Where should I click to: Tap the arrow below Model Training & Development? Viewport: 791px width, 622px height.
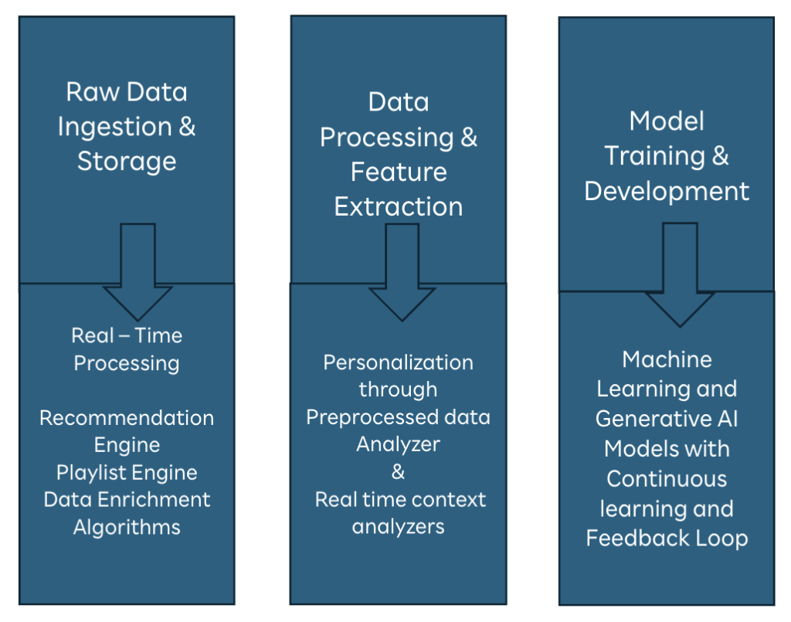pyautogui.click(x=681, y=274)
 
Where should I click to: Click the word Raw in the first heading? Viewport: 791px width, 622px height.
pyautogui.click(x=93, y=92)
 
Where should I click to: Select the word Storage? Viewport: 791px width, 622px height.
pyautogui.click(x=127, y=161)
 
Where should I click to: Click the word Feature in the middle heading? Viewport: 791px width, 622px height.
pyautogui.click(x=399, y=172)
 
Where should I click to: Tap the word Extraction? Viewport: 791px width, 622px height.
pyautogui.click(x=399, y=206)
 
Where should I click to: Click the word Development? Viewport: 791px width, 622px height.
pyautogui.click(x=667, y=191)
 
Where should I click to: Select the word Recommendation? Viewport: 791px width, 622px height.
pyautogui.click(x=127, y=418)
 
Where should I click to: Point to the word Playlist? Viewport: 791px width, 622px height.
pyautogui.click(x=88, y=473)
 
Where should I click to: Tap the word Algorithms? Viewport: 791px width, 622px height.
pyautogui.click(x=127, y=527)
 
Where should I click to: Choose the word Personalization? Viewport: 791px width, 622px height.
pyautogui.click(x=399, y=362)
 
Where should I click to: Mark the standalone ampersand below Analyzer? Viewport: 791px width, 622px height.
pyautogui.click(x=399, y=471)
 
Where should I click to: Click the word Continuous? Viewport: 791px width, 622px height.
pyautogui.click(x=667, y=479)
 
